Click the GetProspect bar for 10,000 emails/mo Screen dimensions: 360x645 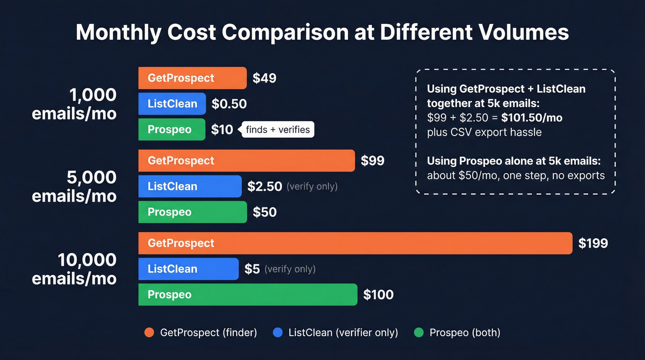click(355, 243)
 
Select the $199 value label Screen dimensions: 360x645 click(593, 243)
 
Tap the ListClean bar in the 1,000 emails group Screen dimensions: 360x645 click(172, 104)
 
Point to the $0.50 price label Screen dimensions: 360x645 click(229, 104)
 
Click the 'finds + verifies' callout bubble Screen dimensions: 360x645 click(278, 130)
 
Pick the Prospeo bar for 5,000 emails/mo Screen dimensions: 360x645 click(193, 212)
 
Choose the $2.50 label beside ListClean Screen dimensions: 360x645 click(264, 186)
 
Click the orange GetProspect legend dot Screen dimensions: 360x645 click(149, 332)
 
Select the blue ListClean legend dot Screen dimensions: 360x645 click(277, 332)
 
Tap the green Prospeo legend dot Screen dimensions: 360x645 click(418, 332)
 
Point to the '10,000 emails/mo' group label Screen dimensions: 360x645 click(74, 269)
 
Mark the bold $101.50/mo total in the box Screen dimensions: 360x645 click(532, 118)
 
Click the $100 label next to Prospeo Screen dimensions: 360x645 click(378, 295)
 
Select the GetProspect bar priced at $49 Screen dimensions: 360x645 click(193, 78)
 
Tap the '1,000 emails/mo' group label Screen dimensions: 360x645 click(74, 104)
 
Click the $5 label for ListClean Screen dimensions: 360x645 click(252, 269)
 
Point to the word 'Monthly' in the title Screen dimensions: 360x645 click(118, 33)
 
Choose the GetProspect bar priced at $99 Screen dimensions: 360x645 click(246, 160)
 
